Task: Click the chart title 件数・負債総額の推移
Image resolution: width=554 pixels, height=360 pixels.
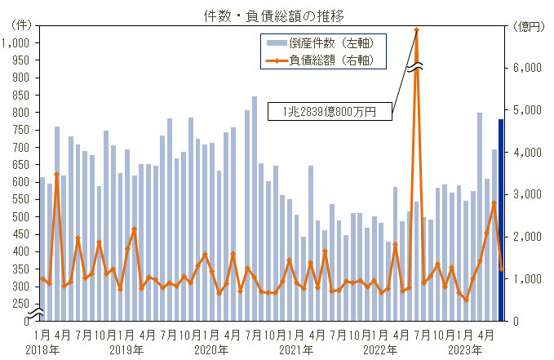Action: pyautogui.click(x=277, y=16)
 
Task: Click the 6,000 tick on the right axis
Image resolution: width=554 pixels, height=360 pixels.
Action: pyautogui.click(x=530, y=68)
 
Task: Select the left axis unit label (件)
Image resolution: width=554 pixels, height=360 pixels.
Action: pyautogui.click(x=18, y=26)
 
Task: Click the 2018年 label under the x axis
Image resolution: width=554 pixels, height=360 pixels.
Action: pyautogui.click(x=42, y=349)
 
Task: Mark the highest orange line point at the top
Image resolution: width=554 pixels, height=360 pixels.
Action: pyautogui.click(x=416, y=30)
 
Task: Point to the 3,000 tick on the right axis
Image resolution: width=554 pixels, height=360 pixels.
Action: pyautogui.click(x=530, y=194)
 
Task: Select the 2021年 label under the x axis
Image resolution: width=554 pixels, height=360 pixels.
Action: pyautogui.click(x=297, y=349)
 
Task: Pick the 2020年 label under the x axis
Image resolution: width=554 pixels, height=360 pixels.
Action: pyautogui.click(x=211, y=349)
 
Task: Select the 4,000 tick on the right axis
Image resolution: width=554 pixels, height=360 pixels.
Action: pyautogui.click(x=530, y=153)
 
